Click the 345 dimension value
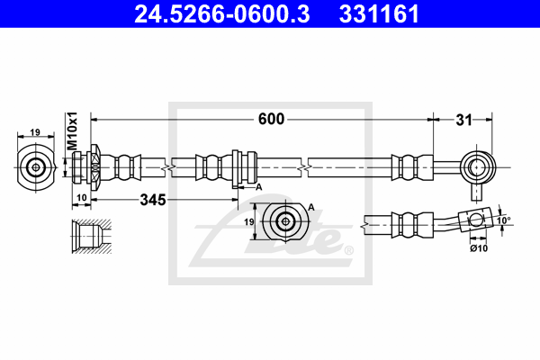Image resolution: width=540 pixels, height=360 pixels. pyautogui.click(x=152, y=200)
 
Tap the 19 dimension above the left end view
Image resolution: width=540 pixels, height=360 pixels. pyautogui.click(x=36, y=133)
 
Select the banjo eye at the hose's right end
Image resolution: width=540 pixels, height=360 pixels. pyautogui.click(x=477, y=166)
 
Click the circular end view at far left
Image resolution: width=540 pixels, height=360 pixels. pyautogui.click(x=36, y=166)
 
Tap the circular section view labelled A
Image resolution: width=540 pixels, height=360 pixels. pyautogui.click(x=285, y=220)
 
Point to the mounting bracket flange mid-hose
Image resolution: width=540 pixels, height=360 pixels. pyautogui.click(x=237, y=167)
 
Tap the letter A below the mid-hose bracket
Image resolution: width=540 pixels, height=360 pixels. pyautogui.click(x=258, y=187)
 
